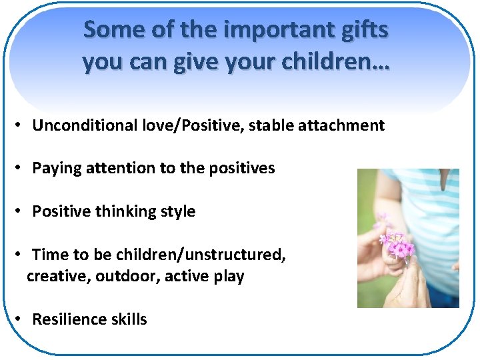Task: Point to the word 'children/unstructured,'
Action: tap(201, 255)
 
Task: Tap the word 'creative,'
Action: tap(58, 276)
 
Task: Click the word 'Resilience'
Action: tap(70, 319)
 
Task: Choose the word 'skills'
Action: tap(129, 319)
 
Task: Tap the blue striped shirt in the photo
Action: tap(427, 200)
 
